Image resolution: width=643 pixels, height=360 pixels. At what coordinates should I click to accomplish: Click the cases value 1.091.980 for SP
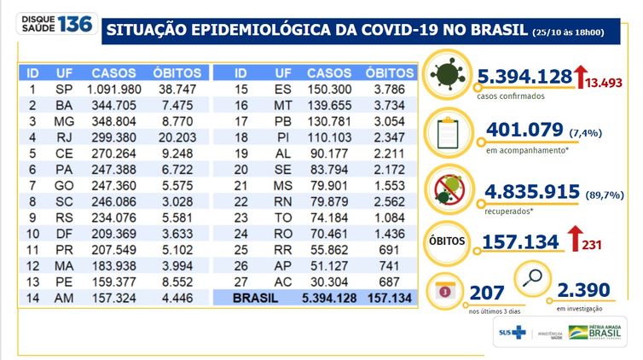tap(113, 90)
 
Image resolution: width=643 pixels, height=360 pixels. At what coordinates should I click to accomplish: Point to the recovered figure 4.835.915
tap(530, 190)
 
